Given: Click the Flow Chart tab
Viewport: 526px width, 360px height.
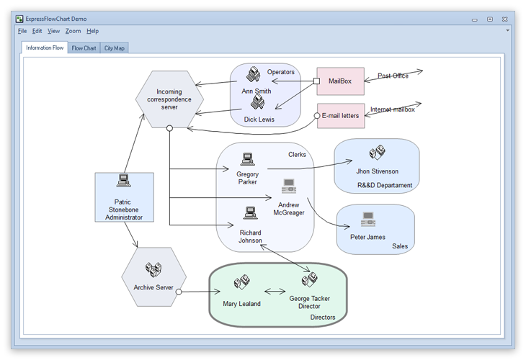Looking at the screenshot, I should [x=84, y=48].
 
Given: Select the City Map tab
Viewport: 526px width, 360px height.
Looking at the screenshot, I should [x=115, y=48].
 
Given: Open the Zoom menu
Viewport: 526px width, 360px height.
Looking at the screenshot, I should [x=73, y=31].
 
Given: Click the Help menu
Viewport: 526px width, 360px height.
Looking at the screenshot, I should [x=92, y=31].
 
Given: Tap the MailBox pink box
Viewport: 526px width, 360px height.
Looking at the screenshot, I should [x=340, y=81].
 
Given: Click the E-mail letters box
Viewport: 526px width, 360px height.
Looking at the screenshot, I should [x=341, y=115].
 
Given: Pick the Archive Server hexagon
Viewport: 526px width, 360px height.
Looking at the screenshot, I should [x=153, y=278].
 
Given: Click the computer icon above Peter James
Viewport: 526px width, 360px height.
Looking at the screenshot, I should [x=368, y=219].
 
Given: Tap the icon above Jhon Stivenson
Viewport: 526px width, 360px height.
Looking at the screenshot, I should [x=377, y=153].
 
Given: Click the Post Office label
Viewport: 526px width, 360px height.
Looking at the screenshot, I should [x=393, y=76].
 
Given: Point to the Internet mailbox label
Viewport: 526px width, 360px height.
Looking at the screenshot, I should [x=393, y=109].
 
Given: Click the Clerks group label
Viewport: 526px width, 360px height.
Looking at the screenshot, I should [x=297, y=154].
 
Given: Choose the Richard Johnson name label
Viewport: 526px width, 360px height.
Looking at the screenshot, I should [x=251, y=237].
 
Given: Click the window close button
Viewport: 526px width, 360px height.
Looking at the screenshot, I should [x=504, y=19].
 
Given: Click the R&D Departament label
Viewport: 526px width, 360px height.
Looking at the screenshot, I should [x=385, y=185].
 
